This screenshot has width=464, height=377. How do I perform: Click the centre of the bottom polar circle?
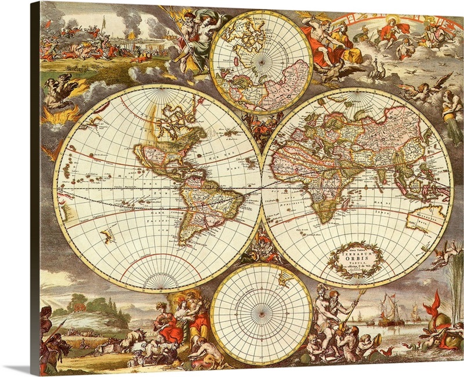[x=261, y=313]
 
